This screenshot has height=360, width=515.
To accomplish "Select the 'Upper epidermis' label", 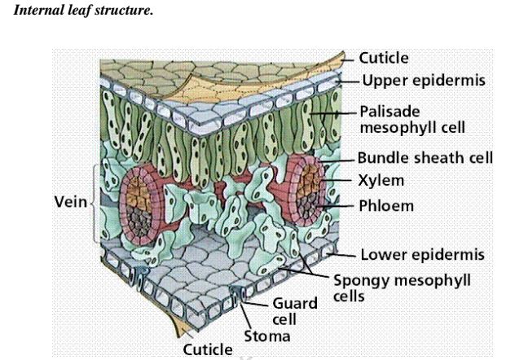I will point(424,81).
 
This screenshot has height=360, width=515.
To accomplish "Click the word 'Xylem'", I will point(382,179).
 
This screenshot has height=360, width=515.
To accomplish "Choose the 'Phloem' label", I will point(386,205).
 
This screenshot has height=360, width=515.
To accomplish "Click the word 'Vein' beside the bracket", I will point(68,202).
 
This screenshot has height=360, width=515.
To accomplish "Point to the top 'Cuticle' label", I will point(384,59).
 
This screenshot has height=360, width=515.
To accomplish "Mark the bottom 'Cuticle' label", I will point(207,349).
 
